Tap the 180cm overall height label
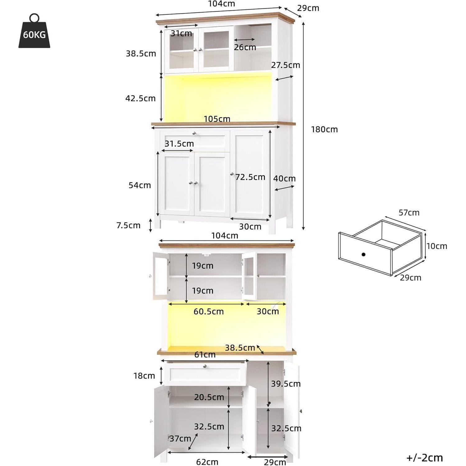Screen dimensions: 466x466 point(324,129)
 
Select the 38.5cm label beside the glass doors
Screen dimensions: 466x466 point(141,53)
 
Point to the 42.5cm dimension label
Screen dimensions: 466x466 point(140,98)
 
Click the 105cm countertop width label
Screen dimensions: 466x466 point(217,119)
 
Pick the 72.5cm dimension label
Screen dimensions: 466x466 point(250,177)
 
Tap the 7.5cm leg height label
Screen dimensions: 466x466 point(128,225)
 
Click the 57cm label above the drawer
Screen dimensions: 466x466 point(409,212)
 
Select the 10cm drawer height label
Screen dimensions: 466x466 point(437,246)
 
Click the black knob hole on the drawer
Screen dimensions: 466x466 point(363,254)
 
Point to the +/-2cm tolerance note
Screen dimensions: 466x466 point(424,458)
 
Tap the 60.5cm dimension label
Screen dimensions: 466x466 point(208,311)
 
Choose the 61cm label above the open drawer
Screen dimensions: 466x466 point(205,354)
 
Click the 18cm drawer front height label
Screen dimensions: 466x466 point(144,376)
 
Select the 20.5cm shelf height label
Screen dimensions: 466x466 point(209,397)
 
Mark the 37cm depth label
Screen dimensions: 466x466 point(180,438)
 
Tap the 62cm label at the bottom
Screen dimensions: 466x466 point(207,462)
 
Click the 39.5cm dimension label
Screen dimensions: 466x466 point(286,384)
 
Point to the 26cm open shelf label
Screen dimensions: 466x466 point(245,47)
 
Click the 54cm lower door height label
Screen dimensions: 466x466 point(139,185)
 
